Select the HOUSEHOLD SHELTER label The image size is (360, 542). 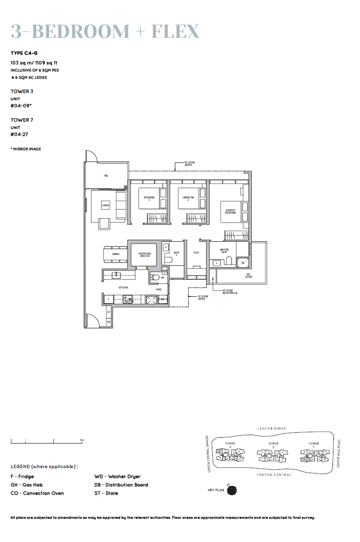pyautogui.click(x=144, y=254)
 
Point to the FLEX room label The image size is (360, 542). pyautogui.click(x=196, y=253)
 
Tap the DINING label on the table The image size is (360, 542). pyautogui.click(x=115, y=254)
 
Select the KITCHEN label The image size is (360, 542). pyautogui.click(x=123, y=287)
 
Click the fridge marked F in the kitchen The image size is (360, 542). pyautogui.click(x=108, y=299)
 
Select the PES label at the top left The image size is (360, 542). pyautogui.click(x=105, y=176)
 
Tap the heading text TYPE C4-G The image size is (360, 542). pyautogui.click(x=24, y=53)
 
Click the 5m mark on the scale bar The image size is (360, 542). pyautogui.click(x=82, y=440)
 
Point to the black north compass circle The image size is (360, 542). pyautogui.click(x=232, y=490)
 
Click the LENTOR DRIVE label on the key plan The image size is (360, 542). pyautogui.click(x=271, y=429)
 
